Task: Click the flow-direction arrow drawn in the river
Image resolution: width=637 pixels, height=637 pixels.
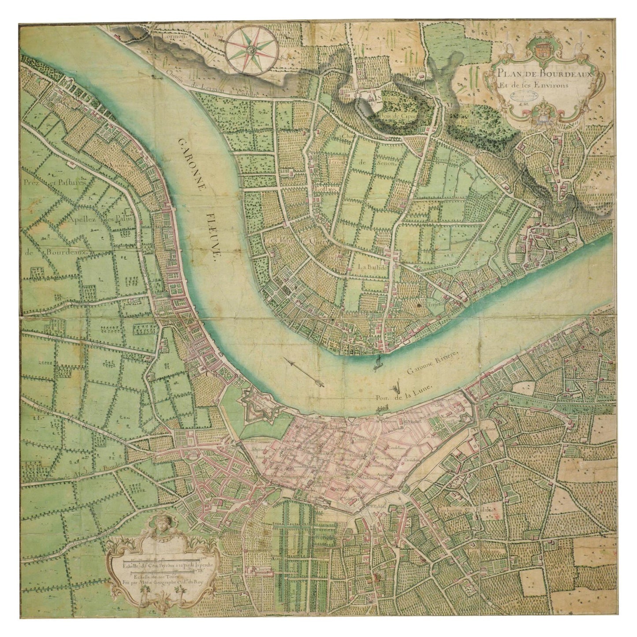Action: pos(304,373)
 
